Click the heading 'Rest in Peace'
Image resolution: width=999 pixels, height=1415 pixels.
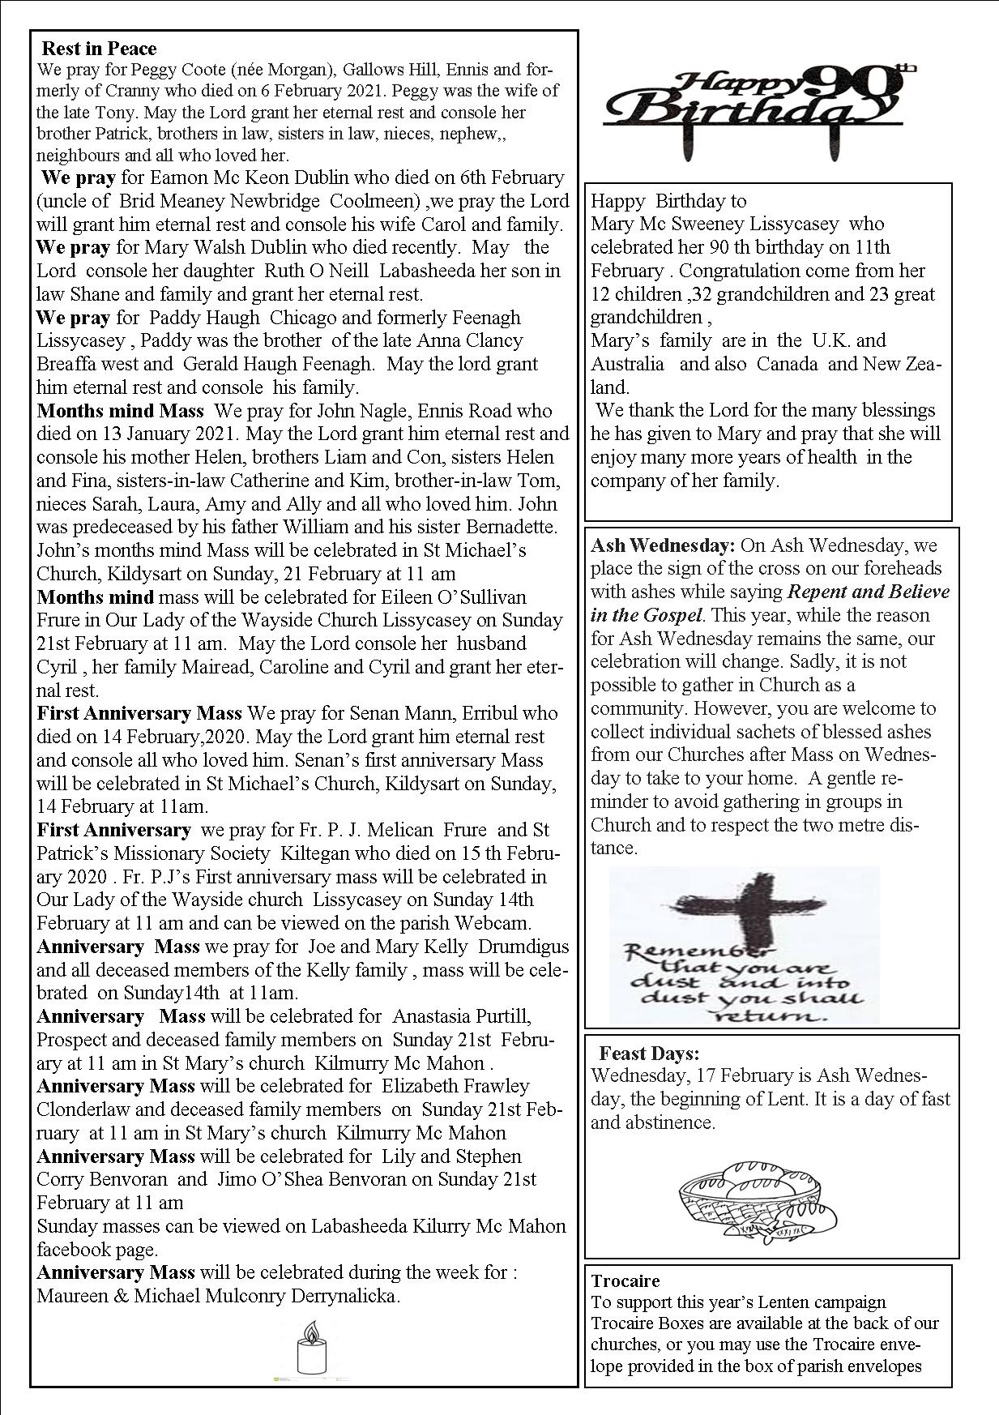(x=99, y=49)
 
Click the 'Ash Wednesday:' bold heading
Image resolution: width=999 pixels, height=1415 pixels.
(x=663, y=545)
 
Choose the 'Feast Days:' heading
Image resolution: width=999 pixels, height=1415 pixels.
(x=649, y=1054)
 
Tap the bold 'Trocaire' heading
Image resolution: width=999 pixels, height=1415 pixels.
(x=625, y=1281)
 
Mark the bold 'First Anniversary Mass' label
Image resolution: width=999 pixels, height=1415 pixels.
(x=139, y=714)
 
